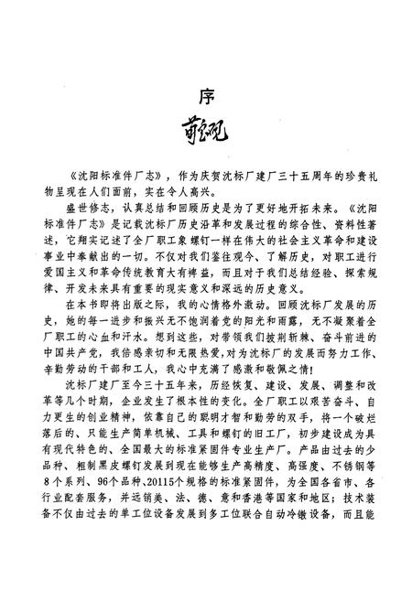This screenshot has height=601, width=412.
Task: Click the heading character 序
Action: point(206,95)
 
